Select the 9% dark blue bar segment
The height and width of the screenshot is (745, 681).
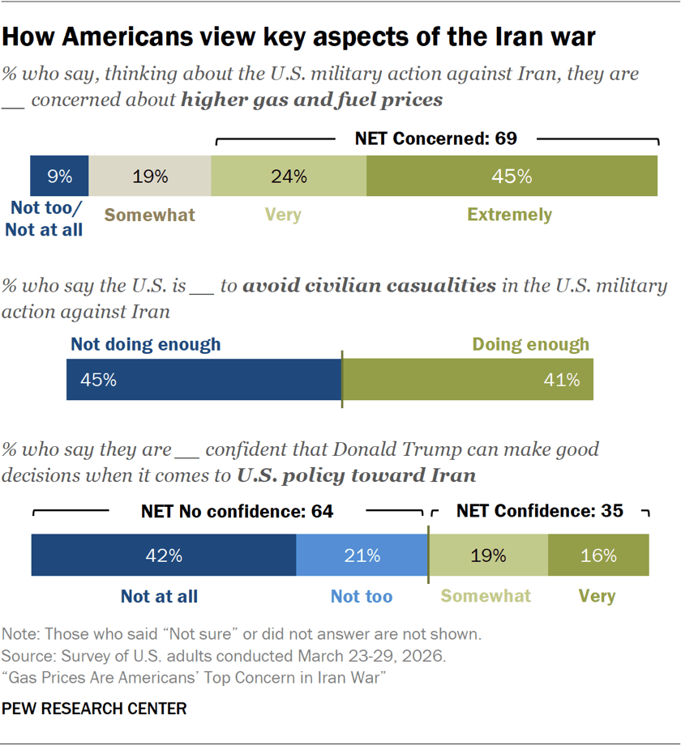pyautogui.click(x=59, y=176)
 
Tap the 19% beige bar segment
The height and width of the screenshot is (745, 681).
pyautogui.click(x=150, y=176)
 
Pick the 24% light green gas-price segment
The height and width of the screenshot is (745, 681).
pyautogui.click(x=289, y=176)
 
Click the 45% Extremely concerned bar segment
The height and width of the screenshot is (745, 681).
pyautogui.click(x=512, y=176)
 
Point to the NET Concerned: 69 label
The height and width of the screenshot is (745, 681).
pyautogui.click(x=435, y=138)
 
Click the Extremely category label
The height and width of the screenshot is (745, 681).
pyautogui.click(x=509, y=215)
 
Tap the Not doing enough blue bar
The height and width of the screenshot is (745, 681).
pyautogui.click(x=203, y=380)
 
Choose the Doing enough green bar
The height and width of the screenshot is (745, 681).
pyautogui.click(x=468, y=380)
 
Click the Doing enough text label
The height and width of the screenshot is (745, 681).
pyautogui.click(x=530, y=344)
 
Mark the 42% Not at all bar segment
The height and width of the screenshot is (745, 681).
pyautogui.click(x=163, y=556)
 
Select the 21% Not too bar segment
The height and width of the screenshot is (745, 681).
pyautogui.click(x=362, y=556)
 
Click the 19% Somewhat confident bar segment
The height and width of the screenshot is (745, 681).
pyautogui.click(x=488, y=556)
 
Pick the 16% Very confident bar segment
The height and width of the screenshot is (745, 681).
pyautogui.click(x=598, y=556)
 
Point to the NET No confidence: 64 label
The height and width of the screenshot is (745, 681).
pyautogui.click(x=237, y=512)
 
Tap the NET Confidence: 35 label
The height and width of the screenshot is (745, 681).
pyautogui.click(x=539, y=512)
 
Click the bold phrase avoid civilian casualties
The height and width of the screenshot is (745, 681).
pyautogui.click(x=369, y=286)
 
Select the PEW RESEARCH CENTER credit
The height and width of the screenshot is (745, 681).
pyautogui.click(x=94, y=709)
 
